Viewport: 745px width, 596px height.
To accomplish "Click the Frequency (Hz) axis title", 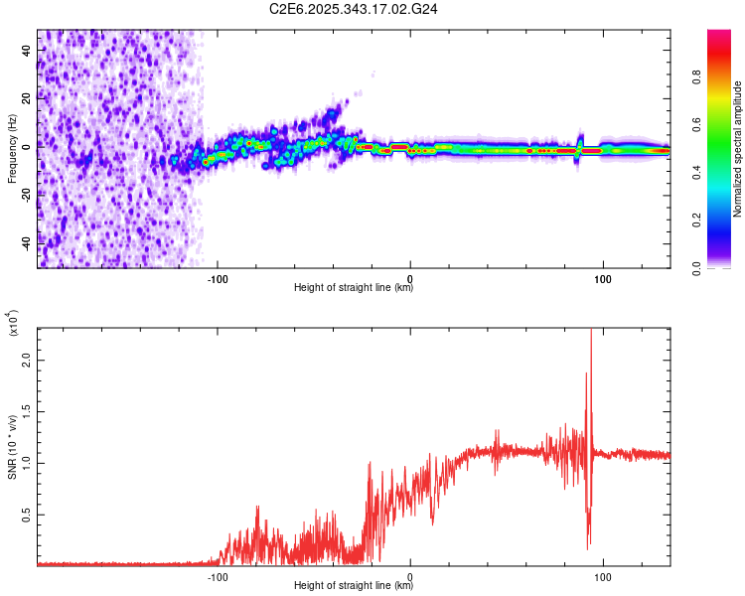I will (11, 149).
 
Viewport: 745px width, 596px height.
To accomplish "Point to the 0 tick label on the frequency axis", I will (29, 146).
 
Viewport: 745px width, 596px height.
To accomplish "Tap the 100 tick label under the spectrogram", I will (603, 277).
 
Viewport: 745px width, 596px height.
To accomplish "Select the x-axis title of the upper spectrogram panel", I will (354, 288).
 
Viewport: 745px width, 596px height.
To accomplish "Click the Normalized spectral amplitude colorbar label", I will (738, 149).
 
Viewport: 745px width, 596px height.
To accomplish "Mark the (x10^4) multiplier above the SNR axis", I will (14, 324).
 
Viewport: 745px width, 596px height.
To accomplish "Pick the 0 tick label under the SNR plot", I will (410, 575).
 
